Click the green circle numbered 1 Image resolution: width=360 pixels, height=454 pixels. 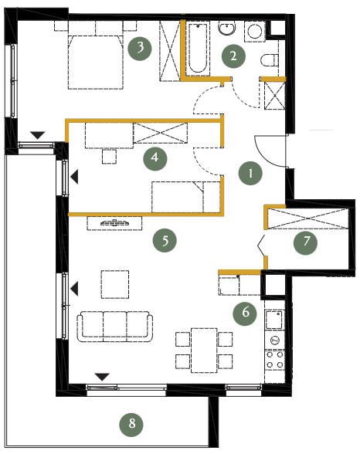point(250,173)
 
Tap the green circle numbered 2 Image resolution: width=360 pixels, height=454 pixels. point(233,56)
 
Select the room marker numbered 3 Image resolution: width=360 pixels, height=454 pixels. point(140,48)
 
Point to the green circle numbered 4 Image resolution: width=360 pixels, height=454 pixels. point(155,158)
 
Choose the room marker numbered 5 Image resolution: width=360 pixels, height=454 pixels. point(165,240)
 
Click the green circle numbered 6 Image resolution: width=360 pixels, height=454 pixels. point(245,313)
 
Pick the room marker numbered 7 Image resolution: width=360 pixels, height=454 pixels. point(305,242)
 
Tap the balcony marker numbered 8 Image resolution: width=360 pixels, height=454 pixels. point(131,424)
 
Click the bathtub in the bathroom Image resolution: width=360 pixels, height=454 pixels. point(198,48)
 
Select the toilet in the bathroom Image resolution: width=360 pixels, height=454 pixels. point(270,60)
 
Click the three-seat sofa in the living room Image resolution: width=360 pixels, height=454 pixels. point(115,327)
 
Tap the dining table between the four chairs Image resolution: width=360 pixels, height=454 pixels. point(204,351)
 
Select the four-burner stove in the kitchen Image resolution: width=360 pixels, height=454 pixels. point(274,359)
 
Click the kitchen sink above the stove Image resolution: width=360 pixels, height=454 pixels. point(274,320)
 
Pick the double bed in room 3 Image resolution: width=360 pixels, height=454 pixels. point(96,62)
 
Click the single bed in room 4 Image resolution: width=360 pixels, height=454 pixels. point(186,197)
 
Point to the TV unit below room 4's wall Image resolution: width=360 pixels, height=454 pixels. point(114,223)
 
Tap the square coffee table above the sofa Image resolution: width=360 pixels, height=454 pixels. point(115,284)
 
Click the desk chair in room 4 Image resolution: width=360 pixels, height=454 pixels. point(109,156)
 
